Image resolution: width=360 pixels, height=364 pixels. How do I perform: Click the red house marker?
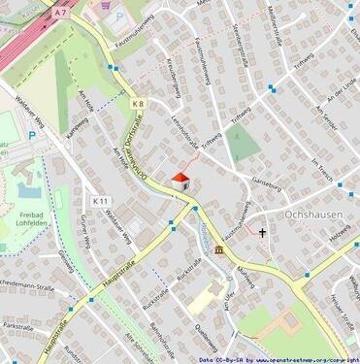point(180,180)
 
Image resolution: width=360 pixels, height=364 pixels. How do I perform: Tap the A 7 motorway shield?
point(61,13)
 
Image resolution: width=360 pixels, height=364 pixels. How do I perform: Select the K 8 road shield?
point(138,103)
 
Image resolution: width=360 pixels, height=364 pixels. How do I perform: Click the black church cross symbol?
point(261,233)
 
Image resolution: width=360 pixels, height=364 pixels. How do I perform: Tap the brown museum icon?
point(219,250)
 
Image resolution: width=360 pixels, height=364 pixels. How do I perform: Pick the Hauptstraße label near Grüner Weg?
point(102,280)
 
